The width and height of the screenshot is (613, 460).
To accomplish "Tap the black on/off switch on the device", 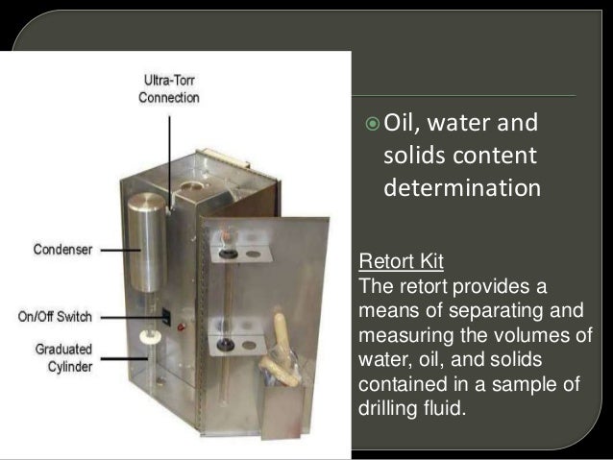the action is click(x=165, y=313).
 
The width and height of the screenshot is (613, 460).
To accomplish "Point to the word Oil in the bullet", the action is click(x=403, y=123).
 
